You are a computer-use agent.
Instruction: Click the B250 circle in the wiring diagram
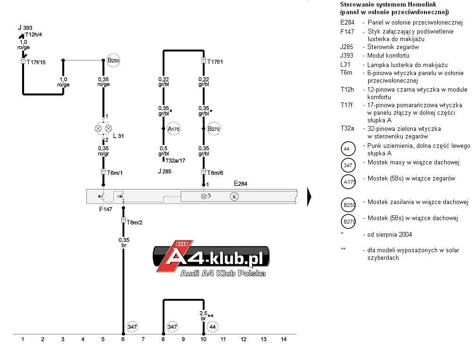click(x=114, y=60)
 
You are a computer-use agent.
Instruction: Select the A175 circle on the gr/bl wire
click(x=174, y=129)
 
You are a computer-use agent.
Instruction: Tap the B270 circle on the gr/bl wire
click(x=214, y=129)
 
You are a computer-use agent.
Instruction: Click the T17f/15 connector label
click(x=36, y=62)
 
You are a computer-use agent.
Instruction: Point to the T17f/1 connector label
click(x=215, y=62)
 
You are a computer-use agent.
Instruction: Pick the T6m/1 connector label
click(x=115, y=173)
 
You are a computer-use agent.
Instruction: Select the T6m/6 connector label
click(x=215, y=173)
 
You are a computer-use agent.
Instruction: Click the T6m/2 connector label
click(x=135, y=223)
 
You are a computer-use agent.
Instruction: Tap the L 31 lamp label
click(x=119, y=136)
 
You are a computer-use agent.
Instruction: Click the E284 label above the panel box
click(x=240, y=184)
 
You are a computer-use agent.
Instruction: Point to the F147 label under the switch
click(x=106, y=209)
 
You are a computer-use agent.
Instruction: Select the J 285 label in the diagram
click(x=165, y=171)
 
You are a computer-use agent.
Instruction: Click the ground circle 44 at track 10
click(x=212, y=327)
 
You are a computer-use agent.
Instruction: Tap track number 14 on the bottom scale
click(x=284, y=339)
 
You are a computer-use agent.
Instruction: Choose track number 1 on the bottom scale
click(x=23, y=339)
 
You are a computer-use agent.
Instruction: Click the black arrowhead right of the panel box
click(x=309, y=197)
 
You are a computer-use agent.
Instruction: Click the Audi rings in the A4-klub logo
click(x=182, y=244)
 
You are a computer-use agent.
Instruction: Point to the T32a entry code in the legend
click(x=347, y=129)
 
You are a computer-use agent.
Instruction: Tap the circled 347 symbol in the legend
click(x=348, y=165)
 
